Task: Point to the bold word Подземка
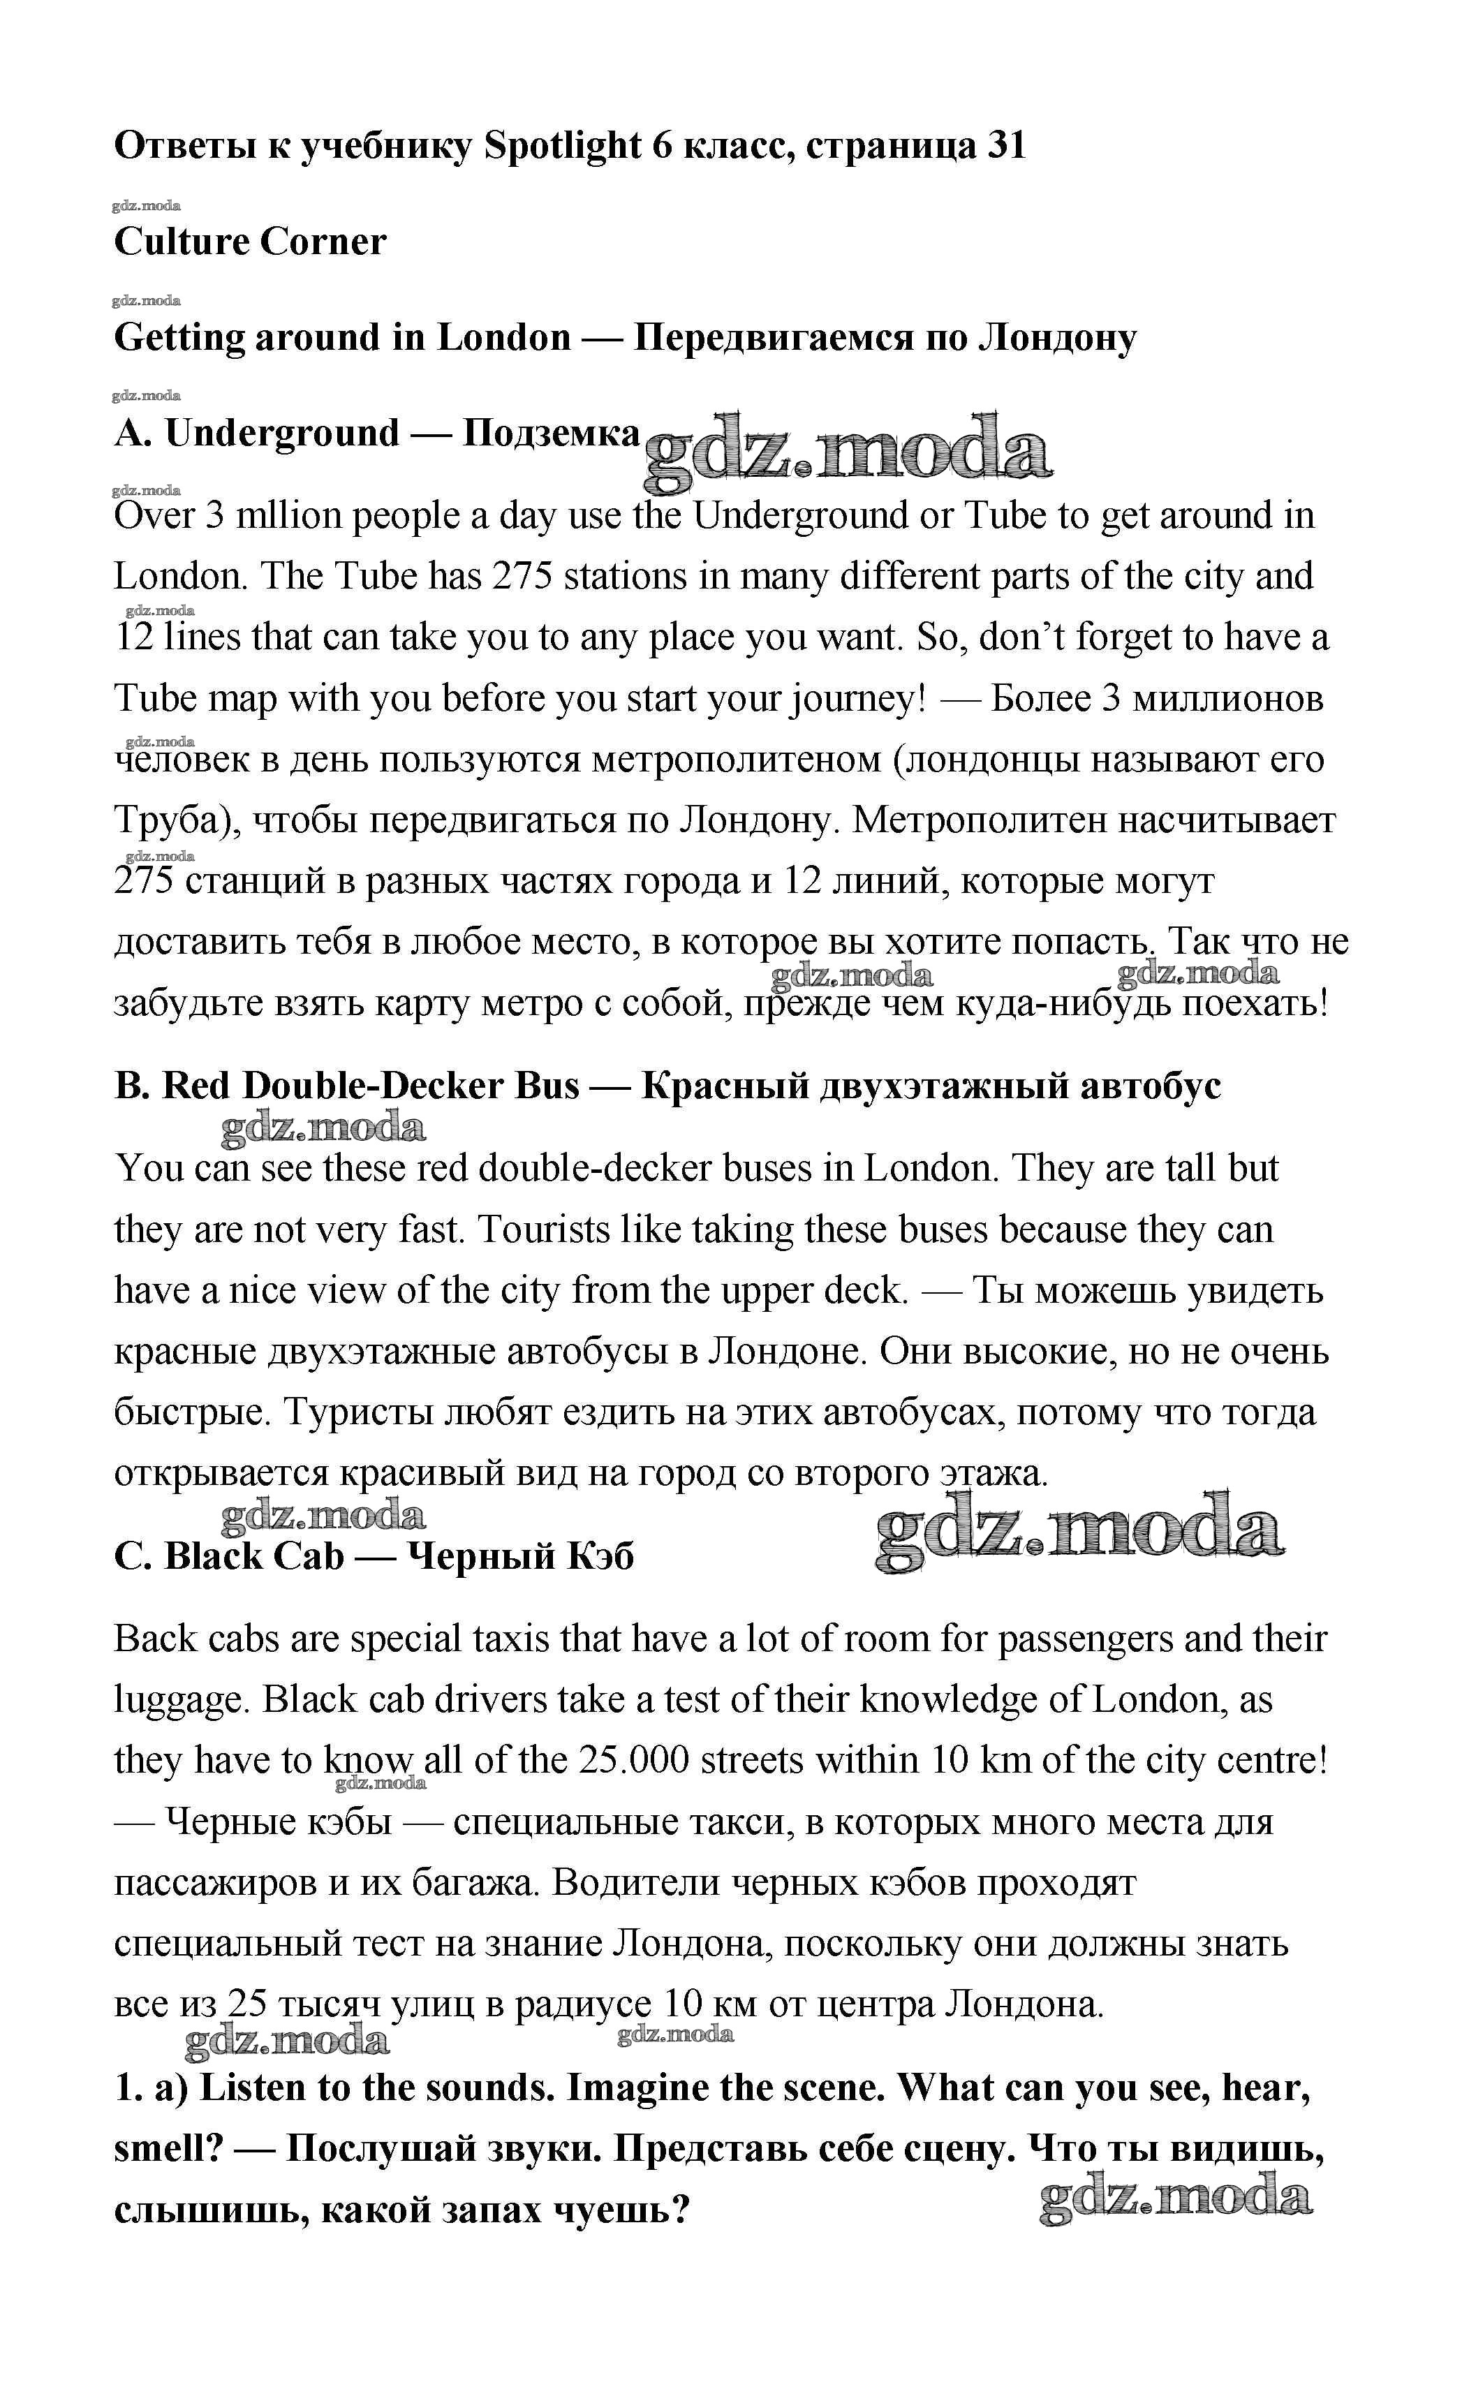[x=552, y=433]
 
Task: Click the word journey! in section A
[x=858, y=698]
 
